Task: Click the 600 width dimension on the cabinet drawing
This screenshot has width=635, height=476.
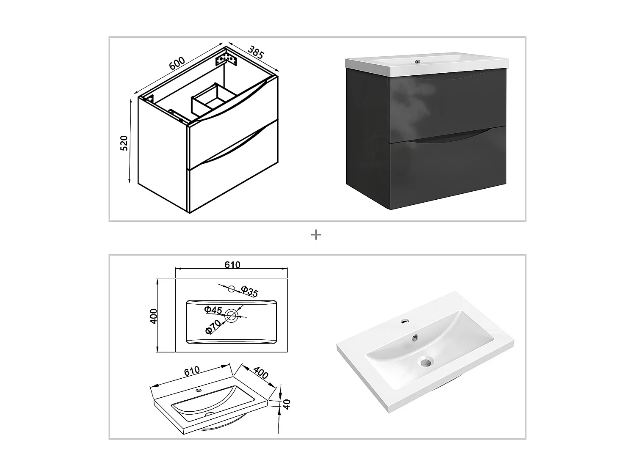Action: [x=177, y=63]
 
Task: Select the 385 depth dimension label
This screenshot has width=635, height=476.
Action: [x=256, y=52]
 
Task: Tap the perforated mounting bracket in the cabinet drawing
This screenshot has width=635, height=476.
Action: [x=225, y=58]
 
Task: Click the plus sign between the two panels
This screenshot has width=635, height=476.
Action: [x=316, y=235]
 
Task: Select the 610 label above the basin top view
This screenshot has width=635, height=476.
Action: [x=232, y=265]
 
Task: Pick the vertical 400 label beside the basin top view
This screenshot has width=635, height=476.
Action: [x=154, y=316]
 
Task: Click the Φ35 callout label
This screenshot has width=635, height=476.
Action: [x=249, y=292]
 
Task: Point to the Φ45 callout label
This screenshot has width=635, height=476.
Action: [x=213, y=310]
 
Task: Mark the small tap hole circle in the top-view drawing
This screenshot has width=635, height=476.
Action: [x=231, y=289]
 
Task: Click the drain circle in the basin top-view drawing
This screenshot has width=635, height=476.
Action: [x=232, y=315]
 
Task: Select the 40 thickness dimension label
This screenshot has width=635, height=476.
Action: [x=287, y=404]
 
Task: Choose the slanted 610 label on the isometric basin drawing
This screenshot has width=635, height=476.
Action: [x=191, y=371]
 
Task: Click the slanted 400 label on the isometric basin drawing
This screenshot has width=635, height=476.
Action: [x=261, y=372]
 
